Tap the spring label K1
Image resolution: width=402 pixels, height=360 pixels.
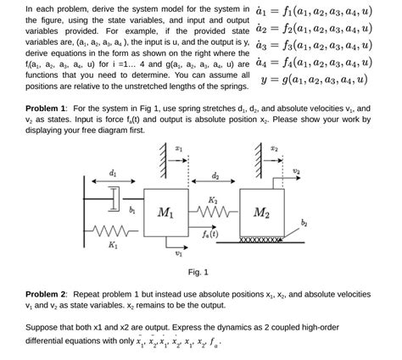point(112,246)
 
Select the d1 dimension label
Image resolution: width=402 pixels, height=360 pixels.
point(113,173)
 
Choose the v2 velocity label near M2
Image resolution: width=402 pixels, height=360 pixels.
point(296,170)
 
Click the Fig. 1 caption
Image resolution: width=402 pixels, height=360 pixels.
point(198,272)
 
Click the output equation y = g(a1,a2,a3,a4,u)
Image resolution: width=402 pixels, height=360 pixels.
point(315,81)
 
